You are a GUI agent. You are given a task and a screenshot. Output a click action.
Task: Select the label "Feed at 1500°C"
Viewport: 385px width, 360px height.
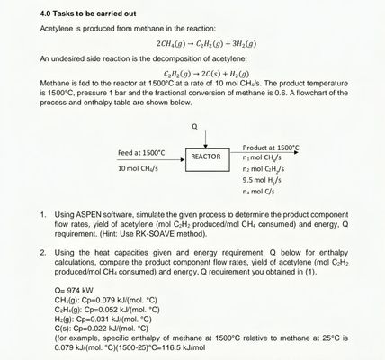coord(141,152)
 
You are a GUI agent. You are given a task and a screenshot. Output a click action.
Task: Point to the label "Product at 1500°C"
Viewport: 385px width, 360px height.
coord(271,147)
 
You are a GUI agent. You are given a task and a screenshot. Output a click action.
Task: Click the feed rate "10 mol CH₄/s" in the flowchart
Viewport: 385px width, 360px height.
coord(139,168)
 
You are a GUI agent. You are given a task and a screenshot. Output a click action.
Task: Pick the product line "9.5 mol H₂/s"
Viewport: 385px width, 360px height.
coord(262,180)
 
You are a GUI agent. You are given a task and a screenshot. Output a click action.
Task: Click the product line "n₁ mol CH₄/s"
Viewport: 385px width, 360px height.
coord(262,157)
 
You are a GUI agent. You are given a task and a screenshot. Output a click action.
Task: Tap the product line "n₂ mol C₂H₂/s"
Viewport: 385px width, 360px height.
coord(264,168)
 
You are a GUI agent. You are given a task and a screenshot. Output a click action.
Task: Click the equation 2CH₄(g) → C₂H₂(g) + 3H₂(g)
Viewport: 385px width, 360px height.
coord(205,43)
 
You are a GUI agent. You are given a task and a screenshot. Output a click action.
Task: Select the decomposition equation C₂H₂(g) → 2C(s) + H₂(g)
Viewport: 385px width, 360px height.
coord(206,72)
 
